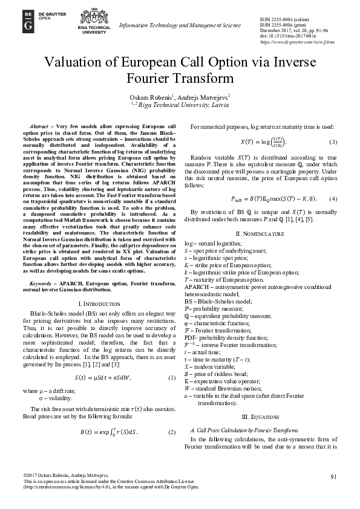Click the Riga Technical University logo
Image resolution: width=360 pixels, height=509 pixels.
[x=90, y=24]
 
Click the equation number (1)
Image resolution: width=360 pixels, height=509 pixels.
[x=171, y=378]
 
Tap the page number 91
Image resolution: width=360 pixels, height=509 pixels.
[x=333, y=477]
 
